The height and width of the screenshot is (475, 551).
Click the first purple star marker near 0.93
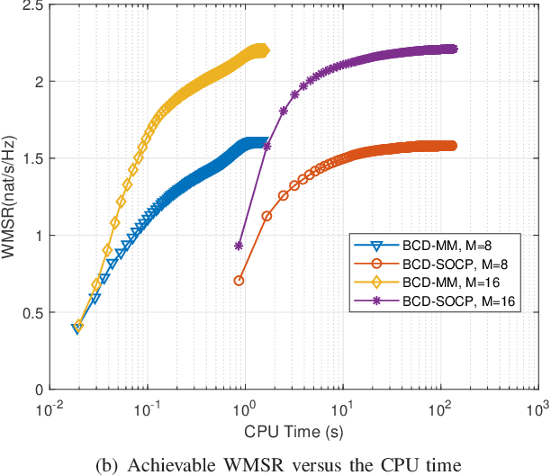pos(239,245)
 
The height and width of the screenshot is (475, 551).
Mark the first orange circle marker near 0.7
pos(239,281)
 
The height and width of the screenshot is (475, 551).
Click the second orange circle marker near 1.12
pos(266,216)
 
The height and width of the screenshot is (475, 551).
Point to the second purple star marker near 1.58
pos(266,145)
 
